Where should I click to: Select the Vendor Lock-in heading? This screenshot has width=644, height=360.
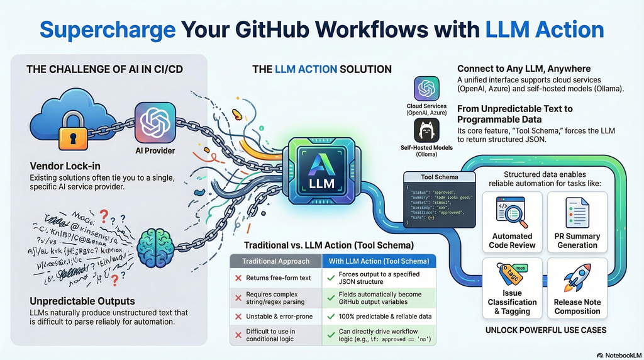point(65,166)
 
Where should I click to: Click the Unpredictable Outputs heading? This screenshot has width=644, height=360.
point(82,300)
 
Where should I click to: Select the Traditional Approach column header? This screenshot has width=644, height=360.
point(276,261)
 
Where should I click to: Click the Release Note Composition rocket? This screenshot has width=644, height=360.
point(577,277)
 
